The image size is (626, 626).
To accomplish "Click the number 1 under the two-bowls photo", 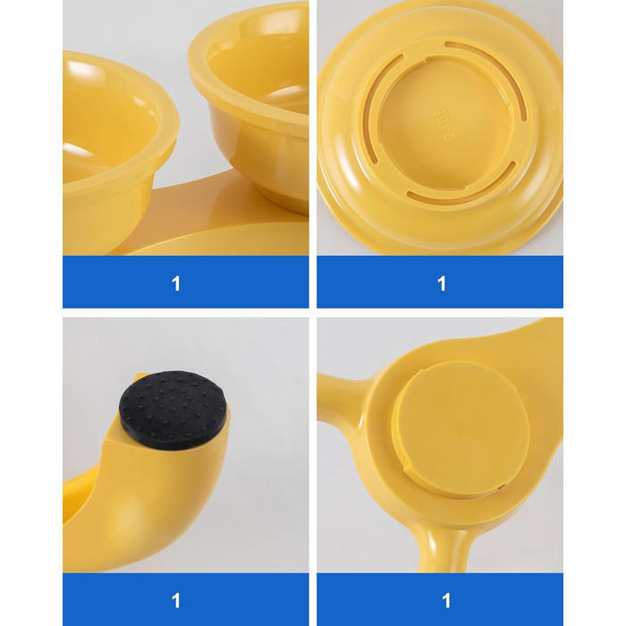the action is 175,283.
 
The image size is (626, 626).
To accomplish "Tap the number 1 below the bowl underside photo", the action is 441,283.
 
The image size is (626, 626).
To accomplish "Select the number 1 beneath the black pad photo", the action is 175,600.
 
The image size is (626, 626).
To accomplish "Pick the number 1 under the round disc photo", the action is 446,600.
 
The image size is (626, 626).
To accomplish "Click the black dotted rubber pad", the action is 173,408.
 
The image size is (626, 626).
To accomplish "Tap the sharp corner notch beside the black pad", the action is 106,441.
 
